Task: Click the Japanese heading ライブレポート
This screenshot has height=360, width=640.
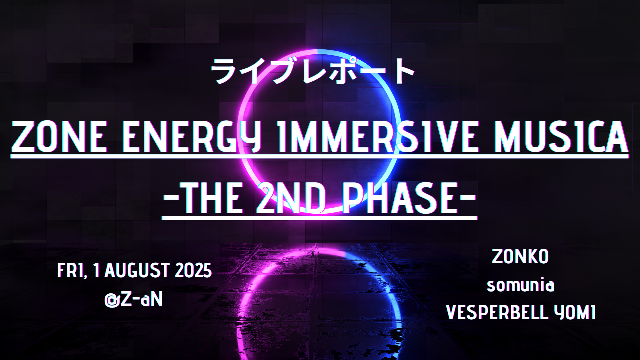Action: [x=313, y=71]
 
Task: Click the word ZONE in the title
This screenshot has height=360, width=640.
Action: [x=59, y=136]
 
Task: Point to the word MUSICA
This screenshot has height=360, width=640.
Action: [x=561, y=136]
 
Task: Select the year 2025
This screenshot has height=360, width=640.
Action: [x=193, y=271]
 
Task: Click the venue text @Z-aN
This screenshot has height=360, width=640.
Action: [x=133, y=299]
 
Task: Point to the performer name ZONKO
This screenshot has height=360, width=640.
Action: [x=520, y=257]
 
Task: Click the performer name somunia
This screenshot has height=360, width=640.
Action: [x=520, y=285]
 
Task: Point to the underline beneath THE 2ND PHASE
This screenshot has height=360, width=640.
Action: [x=319, y=218]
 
